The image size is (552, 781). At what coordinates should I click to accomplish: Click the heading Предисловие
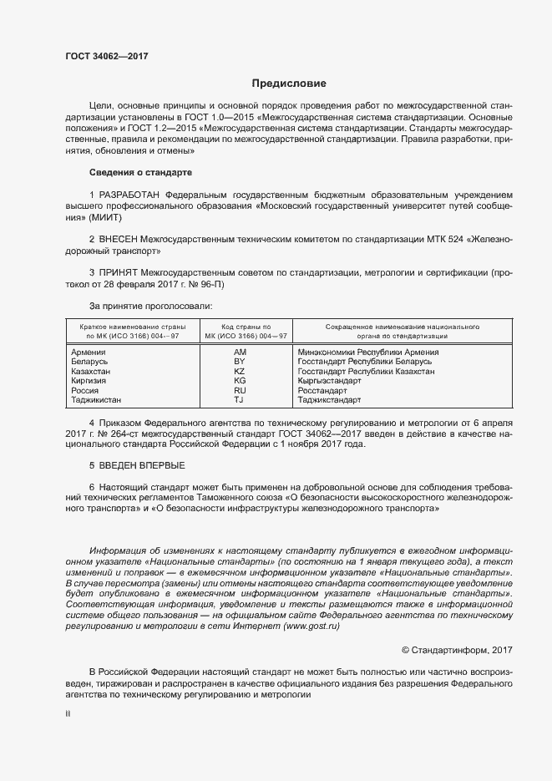point(290,84)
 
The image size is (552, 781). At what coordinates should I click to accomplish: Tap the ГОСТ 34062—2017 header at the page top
point(107,57)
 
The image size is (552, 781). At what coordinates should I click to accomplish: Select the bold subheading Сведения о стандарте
point(140,172)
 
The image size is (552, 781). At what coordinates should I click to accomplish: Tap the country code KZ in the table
point(240,371)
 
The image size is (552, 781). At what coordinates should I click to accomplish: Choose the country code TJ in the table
point(240,400)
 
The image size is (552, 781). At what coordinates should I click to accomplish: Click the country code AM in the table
point(240,352)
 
